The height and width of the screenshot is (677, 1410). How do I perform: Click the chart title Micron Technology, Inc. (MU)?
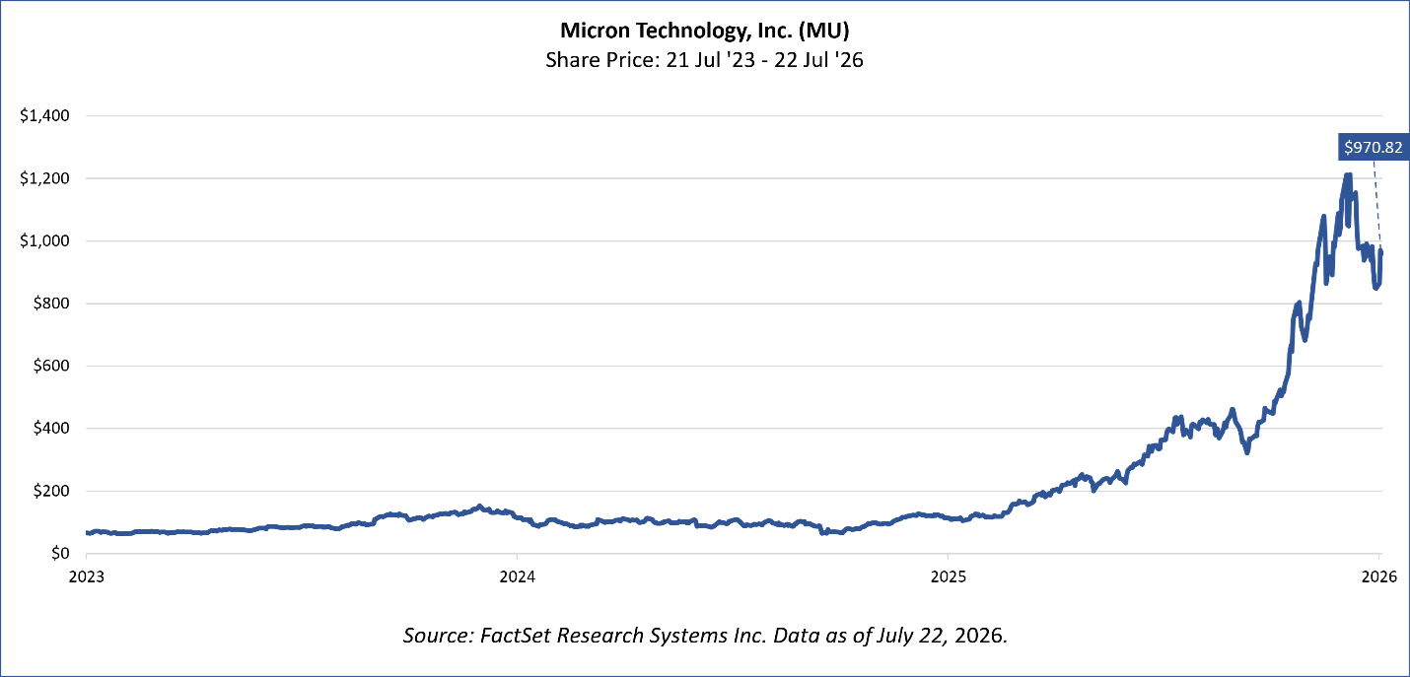[704, 31]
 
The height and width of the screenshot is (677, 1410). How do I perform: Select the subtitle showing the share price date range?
[704, 60]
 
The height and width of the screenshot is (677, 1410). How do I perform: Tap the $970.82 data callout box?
[1373, 147]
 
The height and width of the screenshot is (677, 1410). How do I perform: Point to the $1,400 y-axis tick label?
[44, 115]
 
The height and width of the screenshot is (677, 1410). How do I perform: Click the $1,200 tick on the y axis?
[44, 178]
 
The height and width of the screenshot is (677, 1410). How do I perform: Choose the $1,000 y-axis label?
[44, 241]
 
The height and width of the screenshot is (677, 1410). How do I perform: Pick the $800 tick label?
[51, 304]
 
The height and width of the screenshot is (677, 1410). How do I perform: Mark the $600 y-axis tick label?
[51, 366]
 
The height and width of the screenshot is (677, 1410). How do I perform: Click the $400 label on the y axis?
[51, 429]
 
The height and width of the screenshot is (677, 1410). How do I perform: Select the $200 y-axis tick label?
[51, 491]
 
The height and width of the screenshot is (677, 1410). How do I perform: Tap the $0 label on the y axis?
[60, 553]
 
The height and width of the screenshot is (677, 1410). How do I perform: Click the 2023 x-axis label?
[86, 576]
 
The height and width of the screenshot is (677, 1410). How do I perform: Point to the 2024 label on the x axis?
[518, 576]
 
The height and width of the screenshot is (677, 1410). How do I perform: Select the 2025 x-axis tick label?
[949, 576]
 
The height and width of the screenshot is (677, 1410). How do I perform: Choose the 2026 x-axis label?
[1379, 576]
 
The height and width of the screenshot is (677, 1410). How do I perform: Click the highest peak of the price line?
[1348, 174]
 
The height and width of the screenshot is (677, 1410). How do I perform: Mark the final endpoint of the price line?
[1381, 251]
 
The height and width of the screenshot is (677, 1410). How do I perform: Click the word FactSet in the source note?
[516, 636]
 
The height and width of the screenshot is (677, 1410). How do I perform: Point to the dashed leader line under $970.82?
[1377, 205]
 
